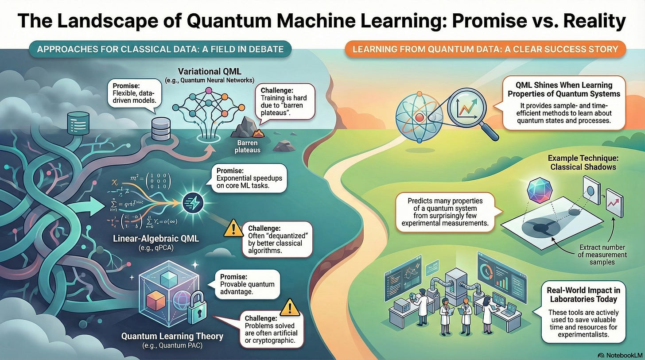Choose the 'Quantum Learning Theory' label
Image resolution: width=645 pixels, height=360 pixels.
(x=172, y=336)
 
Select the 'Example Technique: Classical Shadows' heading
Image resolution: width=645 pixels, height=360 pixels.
(x=575, y=162)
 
